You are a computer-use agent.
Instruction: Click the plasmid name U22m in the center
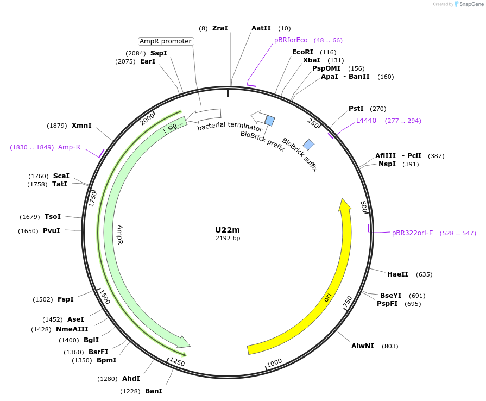pos(227,230)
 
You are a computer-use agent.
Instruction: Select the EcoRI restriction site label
pos(303,52)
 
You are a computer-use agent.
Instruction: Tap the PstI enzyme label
pos(356,109)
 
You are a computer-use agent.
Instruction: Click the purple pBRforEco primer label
pos(291,40)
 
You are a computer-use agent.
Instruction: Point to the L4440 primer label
pos(366,121)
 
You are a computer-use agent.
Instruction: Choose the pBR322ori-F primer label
pos(413,233)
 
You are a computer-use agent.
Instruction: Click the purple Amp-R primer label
pos(69,147)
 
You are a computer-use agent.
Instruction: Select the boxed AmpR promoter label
pos(166,41)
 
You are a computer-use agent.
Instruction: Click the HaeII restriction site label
pos(397,274)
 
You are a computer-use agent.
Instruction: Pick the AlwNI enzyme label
pos(362,346)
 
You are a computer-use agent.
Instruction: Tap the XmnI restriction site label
pos(81,126)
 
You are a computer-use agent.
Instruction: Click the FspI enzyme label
pos(66,299)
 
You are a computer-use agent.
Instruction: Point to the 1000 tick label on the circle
pos(274,362)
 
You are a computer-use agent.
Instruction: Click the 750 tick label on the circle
pos(348,303)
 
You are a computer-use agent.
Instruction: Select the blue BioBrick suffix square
pos(308,144)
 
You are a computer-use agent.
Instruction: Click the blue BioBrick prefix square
pos(270,120)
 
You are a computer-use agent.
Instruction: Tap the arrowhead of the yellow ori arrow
pos(344,205)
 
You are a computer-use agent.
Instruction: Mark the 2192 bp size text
pos(228,238)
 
